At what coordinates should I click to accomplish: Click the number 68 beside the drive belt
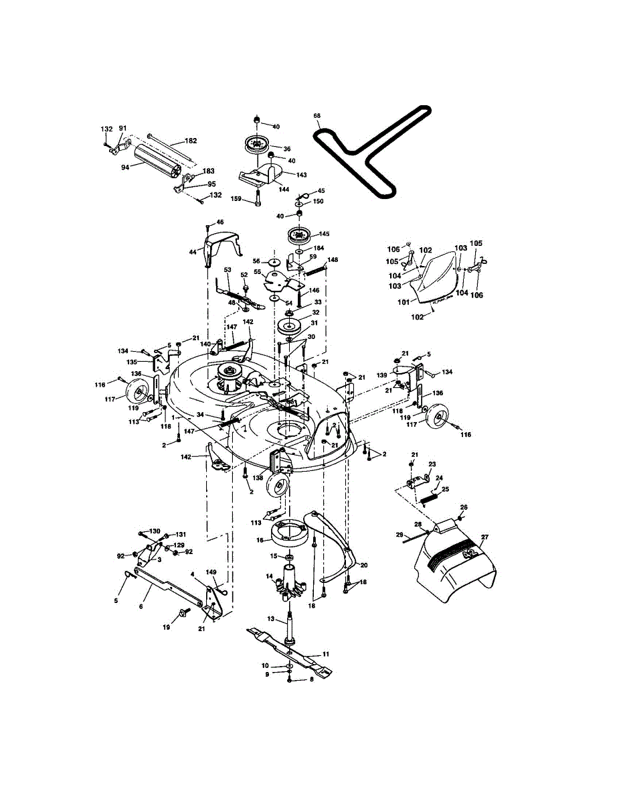pos(317,116)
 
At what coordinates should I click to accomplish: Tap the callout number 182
pos(191,141)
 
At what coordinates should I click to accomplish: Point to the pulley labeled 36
pos(255,145)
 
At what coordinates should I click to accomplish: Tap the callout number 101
pos(404,301)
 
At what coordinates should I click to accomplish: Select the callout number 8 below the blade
pos(311,680)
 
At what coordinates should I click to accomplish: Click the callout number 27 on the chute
pos(484,537)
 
